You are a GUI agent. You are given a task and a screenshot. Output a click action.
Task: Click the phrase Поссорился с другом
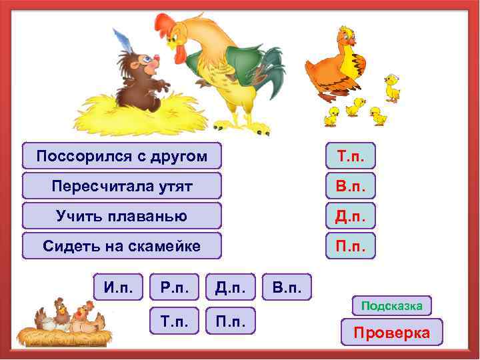(x=121, y=156)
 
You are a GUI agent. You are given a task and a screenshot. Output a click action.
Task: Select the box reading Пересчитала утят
(x=121, y=186)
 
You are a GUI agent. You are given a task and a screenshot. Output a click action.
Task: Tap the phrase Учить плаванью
(x=121, y=216)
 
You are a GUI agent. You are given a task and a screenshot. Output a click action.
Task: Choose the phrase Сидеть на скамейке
(x=121, y=246)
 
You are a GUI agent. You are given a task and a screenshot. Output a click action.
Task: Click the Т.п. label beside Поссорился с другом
(x=351, y=156)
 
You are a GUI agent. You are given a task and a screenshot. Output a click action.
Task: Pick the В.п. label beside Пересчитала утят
(x=351, y=186)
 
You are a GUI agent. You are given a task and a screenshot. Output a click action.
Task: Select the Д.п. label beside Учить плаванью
(x=351, y=216)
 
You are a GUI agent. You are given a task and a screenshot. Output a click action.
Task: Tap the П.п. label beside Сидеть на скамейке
(x=351, y=246)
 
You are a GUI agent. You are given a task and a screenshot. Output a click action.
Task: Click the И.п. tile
(x=118, y=288)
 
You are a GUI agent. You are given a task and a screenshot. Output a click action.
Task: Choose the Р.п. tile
(x=174, y=288)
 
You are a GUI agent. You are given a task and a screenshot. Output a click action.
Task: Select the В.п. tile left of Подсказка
(x=287, y=288)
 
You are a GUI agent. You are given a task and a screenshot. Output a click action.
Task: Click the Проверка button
(x=391, y=332)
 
